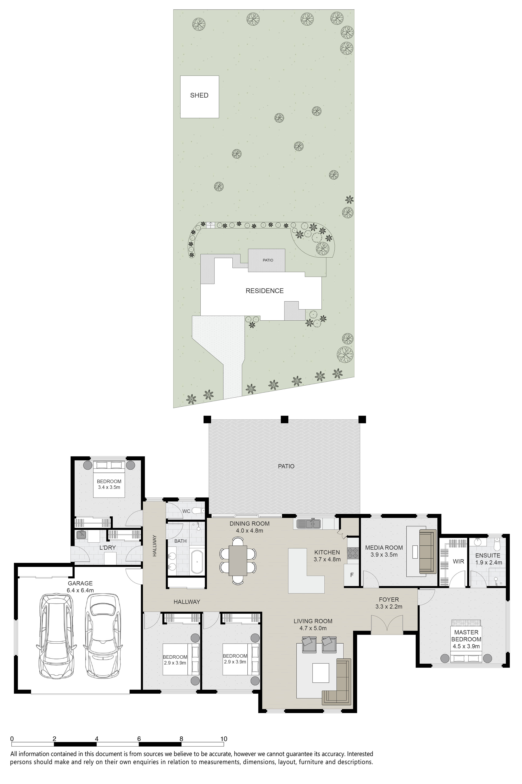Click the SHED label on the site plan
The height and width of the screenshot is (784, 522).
(199, 95)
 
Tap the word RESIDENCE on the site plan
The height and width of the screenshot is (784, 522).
(265, 291)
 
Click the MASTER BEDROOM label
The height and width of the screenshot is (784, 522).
(466, 636)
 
